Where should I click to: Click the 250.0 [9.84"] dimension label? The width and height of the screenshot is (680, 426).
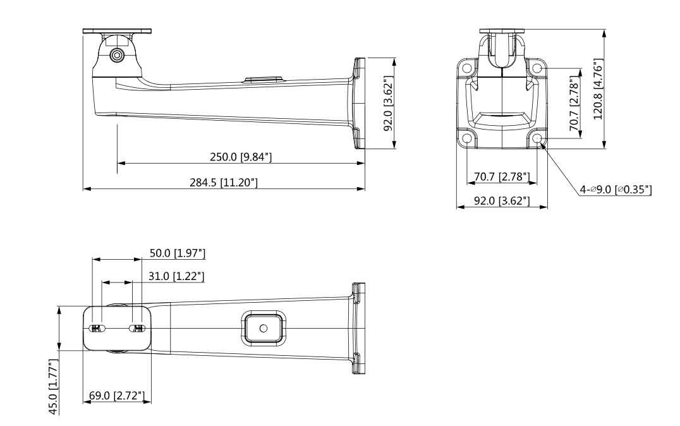[x=241, y=157]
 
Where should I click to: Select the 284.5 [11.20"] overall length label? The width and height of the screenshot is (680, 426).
[x=223, y=182]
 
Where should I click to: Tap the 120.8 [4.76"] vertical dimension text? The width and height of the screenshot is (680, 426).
[x=598, y=89]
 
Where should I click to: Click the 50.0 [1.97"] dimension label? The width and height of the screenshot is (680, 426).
[x=178, y=253]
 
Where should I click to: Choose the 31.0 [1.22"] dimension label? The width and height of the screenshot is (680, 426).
[x=176, y=276]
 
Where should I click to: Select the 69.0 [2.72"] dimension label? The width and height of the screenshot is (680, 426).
[x=117, y=395]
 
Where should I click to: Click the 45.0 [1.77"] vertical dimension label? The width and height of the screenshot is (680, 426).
[x=53, y=387]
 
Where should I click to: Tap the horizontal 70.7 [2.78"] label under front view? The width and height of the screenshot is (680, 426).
[x=502, y=176]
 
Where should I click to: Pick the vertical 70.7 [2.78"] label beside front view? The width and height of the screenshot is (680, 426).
[x=574, y=103]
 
